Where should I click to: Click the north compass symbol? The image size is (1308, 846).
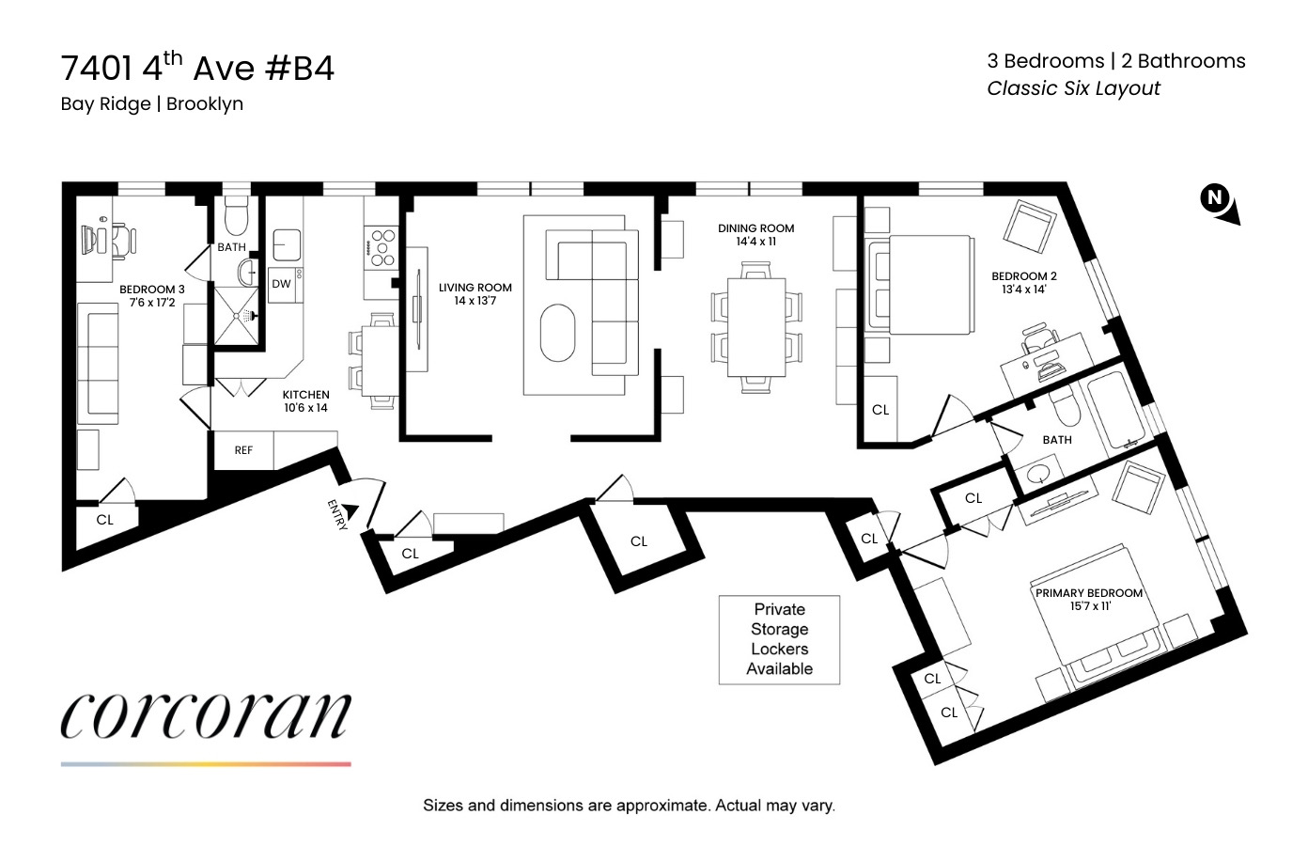1219,202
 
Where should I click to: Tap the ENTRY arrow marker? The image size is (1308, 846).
350,510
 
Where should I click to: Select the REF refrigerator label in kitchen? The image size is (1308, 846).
243,450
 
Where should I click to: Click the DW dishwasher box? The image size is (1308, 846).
281,284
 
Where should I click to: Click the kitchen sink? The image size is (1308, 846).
287,243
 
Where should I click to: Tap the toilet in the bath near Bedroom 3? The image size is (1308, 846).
235,218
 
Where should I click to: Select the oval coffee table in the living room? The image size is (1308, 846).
557,333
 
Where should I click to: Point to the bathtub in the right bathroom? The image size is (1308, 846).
1114,412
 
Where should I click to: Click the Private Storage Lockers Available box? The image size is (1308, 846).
779,639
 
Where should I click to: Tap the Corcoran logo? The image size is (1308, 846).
206,717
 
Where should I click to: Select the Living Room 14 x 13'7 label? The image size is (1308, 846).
475,294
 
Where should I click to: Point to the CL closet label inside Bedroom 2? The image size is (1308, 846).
880,410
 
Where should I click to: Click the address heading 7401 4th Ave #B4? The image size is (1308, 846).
197,69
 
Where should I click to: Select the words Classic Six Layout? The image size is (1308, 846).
1073,88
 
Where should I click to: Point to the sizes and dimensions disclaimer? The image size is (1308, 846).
629,806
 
